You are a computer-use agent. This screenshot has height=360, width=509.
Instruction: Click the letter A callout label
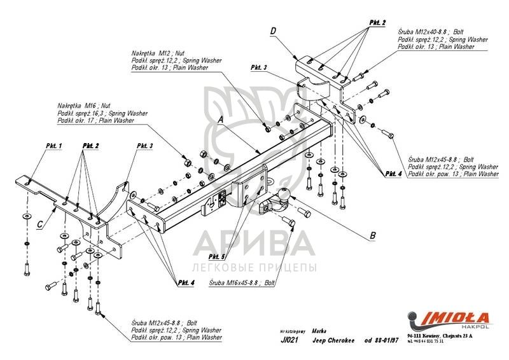click(x=220, y=120)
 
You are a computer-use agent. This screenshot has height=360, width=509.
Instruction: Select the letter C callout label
click(x=40, y=223)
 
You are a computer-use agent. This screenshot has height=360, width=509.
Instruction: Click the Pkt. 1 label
click(x=54, y=146)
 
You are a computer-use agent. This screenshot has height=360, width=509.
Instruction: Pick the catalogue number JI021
click(x=288, y=340)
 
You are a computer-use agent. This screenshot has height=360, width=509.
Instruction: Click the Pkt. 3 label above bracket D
click(x=259, y=67)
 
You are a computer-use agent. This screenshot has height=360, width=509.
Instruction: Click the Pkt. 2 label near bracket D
click(x=377, y=22)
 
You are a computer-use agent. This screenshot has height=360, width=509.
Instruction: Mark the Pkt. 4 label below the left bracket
click(x=186, y=281)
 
